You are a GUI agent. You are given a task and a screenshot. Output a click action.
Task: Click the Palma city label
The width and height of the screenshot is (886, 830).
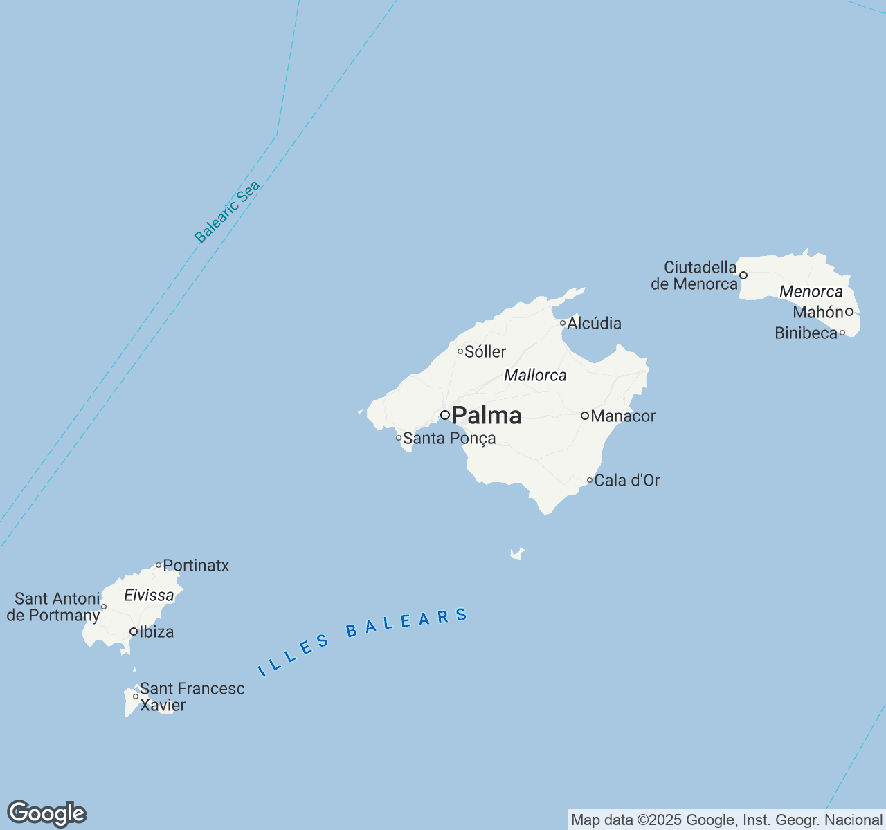(487, 415)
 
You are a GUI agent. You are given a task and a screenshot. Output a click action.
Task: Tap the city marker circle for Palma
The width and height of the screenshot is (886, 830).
(445, 415)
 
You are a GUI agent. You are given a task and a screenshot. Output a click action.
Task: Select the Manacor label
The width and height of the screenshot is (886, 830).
(623, 416)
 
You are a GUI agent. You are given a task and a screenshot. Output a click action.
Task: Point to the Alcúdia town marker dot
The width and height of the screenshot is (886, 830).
(563, 323)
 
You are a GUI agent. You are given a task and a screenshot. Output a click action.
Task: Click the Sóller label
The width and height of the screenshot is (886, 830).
(485, 351)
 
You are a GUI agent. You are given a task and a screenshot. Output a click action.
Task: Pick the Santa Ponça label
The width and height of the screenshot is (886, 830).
(449, 438)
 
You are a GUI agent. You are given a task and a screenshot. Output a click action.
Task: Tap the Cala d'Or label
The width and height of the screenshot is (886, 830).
(627, 480)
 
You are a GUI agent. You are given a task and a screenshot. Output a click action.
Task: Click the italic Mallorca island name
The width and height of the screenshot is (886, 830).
(535, 376)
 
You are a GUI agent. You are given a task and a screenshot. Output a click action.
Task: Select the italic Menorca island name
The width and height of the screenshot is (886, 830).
(811, 291)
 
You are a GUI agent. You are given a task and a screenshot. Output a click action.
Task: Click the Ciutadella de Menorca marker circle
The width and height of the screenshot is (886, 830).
(743, 275)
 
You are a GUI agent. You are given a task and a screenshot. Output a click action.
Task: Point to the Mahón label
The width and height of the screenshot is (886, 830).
(818, 312)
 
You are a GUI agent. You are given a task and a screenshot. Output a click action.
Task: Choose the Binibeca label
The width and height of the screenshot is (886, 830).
(806, 333)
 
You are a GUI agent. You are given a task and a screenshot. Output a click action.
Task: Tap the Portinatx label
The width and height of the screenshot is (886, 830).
(196, 565)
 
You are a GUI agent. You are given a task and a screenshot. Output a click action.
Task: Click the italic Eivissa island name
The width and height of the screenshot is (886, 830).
(149, 595)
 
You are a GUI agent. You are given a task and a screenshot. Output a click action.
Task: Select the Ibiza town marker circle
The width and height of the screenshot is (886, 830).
(134, 631)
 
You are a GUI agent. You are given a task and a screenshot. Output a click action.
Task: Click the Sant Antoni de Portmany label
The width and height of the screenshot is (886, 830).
(53, 607)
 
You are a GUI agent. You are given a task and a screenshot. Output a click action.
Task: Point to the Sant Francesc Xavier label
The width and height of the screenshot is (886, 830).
(192, 697)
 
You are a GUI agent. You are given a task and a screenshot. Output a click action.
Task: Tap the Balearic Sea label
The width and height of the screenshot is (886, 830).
(227, 212)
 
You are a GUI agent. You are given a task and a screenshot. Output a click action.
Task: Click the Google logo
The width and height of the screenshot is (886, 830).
(46, 813)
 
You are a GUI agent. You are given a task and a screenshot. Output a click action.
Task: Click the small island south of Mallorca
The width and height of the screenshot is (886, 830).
(516, 553)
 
